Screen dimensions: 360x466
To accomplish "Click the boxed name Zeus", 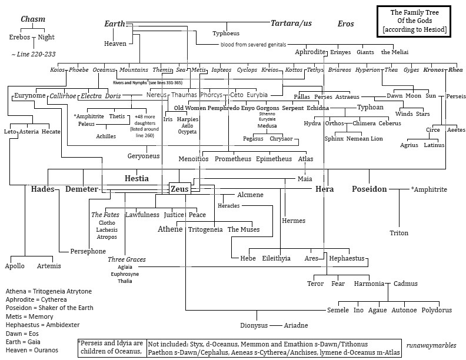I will pos(181,189).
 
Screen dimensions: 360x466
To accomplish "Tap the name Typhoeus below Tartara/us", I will pos(227,34).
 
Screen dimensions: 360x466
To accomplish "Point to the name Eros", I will pos(346,24).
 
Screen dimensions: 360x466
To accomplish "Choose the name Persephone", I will pos(88,251).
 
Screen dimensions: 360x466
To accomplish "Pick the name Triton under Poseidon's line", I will pos(399,233).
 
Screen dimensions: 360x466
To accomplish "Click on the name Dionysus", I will pos(254,325).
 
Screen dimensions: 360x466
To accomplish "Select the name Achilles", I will pos(106,136).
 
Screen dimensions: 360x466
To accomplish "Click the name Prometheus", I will pos(233,159).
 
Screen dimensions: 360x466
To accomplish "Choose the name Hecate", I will pos(51,131).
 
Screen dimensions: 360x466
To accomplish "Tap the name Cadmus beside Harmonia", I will pos(406,284).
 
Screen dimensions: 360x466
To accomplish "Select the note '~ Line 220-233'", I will pos(33,54).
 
